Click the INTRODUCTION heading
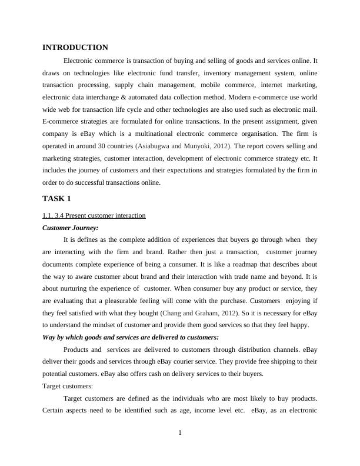75,48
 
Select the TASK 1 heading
56,198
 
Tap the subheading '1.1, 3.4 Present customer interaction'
94,215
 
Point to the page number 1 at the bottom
180,434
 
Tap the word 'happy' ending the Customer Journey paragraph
308,325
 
